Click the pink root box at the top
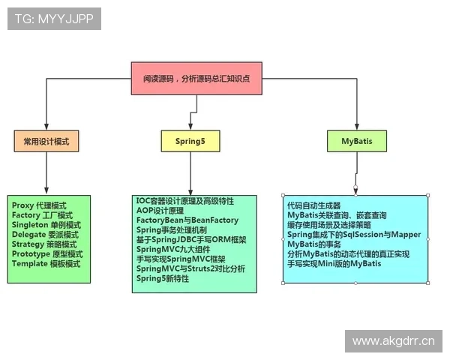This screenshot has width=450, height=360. pyautogui.click(x=196, y=78)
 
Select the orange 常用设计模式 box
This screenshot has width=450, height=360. pyautogui.click(x=46, y=140)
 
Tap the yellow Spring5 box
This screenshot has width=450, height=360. pyautogui.click(x=190, y=140)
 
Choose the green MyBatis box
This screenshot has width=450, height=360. pyautogui.click(x=356, y=140)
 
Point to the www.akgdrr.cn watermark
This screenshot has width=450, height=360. pyautogui.click(x=393, y=341)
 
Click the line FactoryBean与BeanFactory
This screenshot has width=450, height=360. pyautogui.click(x=187, y=220)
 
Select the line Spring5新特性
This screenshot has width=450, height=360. pyautogui.click(x=162, y=278)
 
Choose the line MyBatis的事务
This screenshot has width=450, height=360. pyautogui.click(x=315, y=244)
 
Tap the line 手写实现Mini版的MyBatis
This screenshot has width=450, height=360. pyautogui.click(x=334, y=264)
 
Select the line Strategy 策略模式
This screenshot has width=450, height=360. pyautogui.click(x=44, y=244)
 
